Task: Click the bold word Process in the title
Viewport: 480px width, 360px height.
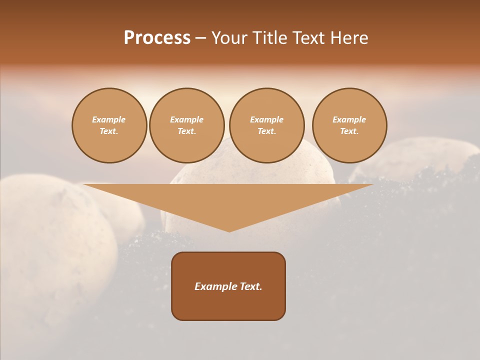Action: tap(157, 38)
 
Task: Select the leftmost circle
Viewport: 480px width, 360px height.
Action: tap(109, 125)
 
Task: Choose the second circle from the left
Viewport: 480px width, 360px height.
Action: tap(187, 125)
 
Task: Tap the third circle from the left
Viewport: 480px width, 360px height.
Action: tap(267, 125)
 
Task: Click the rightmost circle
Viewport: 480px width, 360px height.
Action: tap(349, 125)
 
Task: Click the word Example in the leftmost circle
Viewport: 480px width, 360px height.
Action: tap(109, 120)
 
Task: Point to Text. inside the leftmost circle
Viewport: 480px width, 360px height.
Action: tap(109, 131)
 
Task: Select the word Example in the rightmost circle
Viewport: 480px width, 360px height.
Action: tap(349, 120)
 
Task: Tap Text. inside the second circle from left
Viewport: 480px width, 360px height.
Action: tap(187, 131)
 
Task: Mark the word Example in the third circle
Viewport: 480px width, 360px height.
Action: tap(267, 120)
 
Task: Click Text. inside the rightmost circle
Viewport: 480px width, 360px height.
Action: tap(349, 131)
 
